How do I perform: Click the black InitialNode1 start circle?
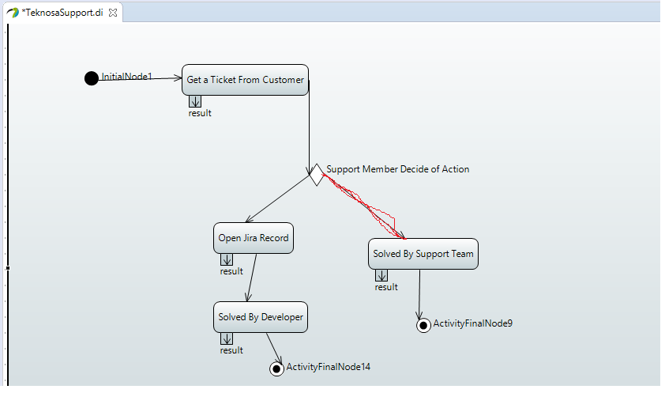click(x=91, y=78)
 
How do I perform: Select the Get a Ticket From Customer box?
click(x=245, y=80)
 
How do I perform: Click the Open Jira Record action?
click(x=254, y=238)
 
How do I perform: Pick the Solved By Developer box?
click(x=261, y=317)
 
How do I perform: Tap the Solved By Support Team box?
click(x=423, y=254)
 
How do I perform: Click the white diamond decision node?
click(x=317, y=175)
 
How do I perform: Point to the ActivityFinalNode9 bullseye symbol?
click(x=423, y=326)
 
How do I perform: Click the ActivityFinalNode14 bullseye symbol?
click(x=276, y=368)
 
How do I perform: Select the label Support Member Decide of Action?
click(x=398, y=169)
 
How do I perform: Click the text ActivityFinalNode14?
click(x=329, y=367)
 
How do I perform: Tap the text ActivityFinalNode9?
click(x=473, y=323)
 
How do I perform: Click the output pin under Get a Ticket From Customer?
click(x=195, y=101)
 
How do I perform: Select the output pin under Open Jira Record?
click(x=227, y=259)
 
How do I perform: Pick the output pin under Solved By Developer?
click(x=227, y=338)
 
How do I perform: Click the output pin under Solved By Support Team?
click(x=381, y=275)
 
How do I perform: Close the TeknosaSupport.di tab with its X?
click(x=113, y=13)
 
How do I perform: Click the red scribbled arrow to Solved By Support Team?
click(x=364, y=206)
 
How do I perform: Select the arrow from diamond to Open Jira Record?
click(x=278, y=198)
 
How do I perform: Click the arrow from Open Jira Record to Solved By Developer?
click(x=252, y=278)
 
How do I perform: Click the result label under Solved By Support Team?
click(x=386, y=287)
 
